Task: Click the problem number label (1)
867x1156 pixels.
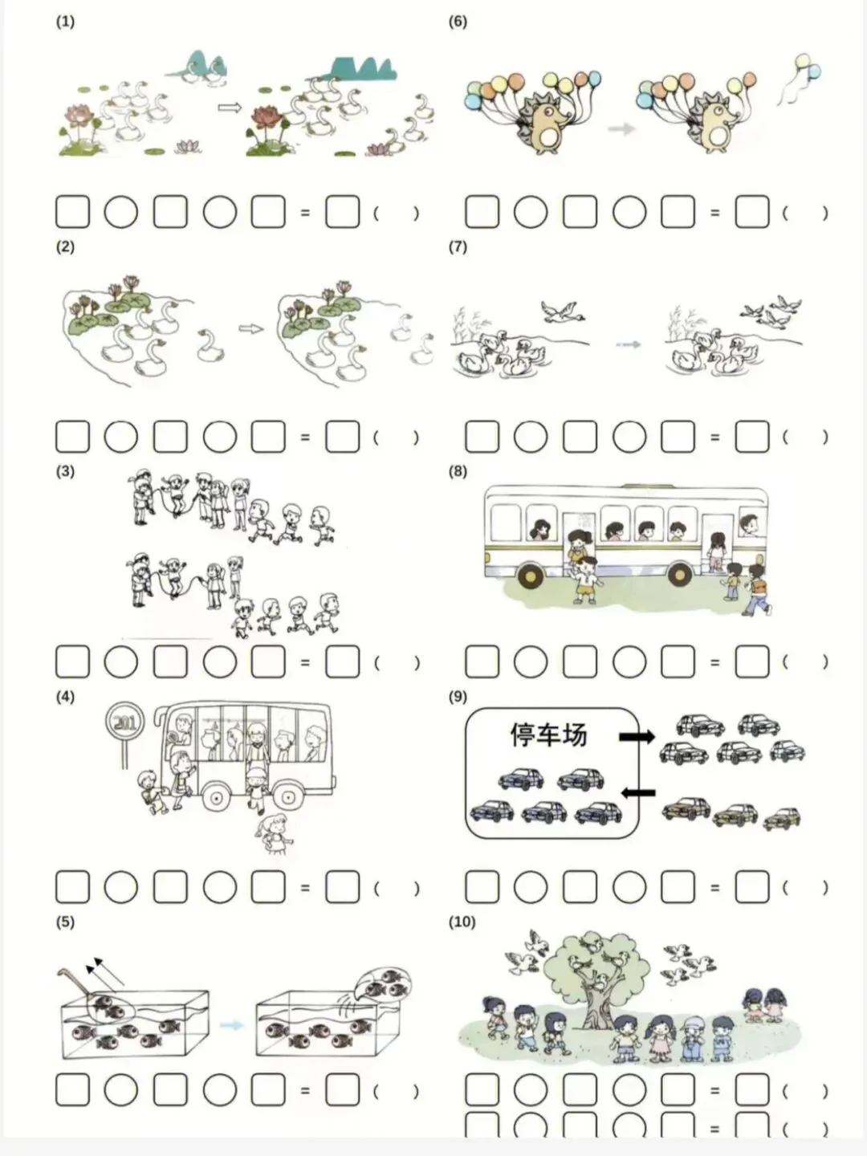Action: click(x=65, y=22)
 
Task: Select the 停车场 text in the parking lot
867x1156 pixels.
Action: click(x=548, y=735)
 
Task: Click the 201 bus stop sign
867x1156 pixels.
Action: click(x=124, y=722)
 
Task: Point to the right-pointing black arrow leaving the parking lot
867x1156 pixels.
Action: click(x=637, y=736)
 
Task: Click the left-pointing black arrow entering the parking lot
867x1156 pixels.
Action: click(x=638, y=792)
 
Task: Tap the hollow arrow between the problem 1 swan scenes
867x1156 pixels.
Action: click(x=230, y=108)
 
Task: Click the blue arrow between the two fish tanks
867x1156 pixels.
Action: click(x=232, y=1025)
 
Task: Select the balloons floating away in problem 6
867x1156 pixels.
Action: click(x=799, y=78)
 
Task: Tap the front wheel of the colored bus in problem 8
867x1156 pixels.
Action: click(x=531, y=576)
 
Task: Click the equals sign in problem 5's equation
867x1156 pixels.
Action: click(x=305, y=1090)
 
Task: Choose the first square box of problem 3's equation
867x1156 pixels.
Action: click(x=72, y=661)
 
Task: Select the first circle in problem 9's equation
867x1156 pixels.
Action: click(x=531, y=886)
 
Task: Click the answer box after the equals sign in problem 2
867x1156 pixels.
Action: click(x=343, y=437)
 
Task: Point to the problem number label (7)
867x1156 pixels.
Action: click(x=458, y=246)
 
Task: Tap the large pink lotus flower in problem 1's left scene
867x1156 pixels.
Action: click(x=79, y=116)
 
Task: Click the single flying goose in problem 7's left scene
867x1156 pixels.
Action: click(x=562, y=312)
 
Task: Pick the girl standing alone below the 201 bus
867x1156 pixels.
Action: click(x=274, y=835)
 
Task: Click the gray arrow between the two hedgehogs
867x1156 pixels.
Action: click(x=621, y=128)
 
